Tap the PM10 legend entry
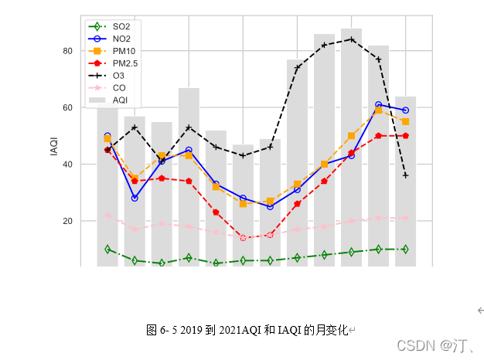[124, 51]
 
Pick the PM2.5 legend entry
[124, 63]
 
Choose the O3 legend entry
[118, 76]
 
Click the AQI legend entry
[120, 100]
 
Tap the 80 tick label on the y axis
[67, 51]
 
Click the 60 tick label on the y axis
[67, 107]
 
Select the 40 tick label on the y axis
[67, 165]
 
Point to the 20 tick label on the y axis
[67, 221]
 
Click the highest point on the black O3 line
[351, 39]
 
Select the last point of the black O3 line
[405, 175]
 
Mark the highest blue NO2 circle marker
[378, 104]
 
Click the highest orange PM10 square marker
[378, 110]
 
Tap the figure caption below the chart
[250, 330]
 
